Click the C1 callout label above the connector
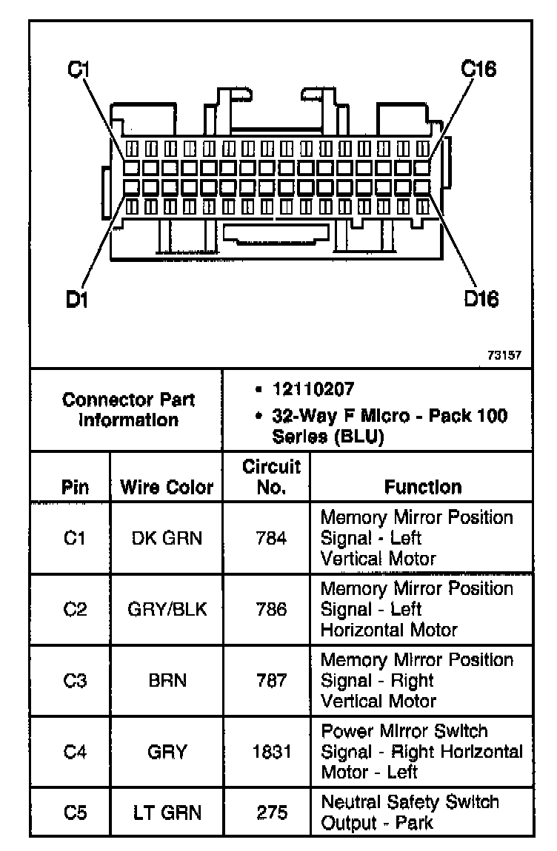[x=79, y=70]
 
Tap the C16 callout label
[x=478, y=70]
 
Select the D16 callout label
[x=481, y=299]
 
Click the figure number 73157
[x=504, y=355]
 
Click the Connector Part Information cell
[x=128, y=410]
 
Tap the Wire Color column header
[x=166, y=488]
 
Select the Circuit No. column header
[x=271, y=477]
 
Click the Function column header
[x=423, y=487]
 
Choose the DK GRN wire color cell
[x=167, y=538]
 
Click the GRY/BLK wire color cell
[x=167, y=609]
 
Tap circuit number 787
[x=271, y=681]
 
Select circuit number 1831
[x=271, y=752]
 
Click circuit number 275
[x=271, y=812]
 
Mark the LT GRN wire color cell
[x=167, y=812]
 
